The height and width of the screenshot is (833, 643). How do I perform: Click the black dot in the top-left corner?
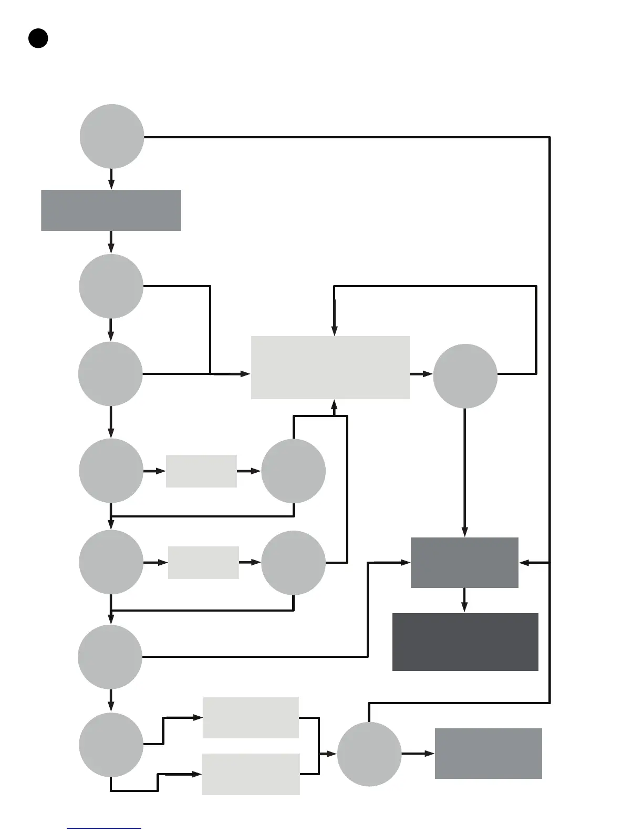pos(38,38)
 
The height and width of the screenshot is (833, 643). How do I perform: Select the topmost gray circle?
pos(112,136)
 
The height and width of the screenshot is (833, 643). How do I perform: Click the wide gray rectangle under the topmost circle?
pos(111,210)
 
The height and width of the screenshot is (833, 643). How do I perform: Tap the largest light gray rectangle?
pos(330,367)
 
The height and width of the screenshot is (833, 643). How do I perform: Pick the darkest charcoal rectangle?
pos(465,642)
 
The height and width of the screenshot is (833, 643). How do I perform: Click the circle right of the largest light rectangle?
pos(465,375)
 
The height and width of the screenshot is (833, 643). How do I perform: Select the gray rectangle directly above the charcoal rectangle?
pos(464,562)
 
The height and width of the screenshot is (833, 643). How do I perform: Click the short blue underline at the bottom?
pos(104,828)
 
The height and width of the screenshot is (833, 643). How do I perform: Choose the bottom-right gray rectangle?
pos(488,753)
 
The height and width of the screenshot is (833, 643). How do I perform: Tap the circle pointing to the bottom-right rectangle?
pos(369,754)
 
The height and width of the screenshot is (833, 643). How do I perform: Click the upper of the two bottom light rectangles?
pos(251,717)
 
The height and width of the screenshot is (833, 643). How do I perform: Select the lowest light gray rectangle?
pos(251,774)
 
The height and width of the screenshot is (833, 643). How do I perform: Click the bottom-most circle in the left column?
pos(111,744)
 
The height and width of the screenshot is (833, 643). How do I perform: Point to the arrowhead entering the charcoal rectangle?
pos(464,607)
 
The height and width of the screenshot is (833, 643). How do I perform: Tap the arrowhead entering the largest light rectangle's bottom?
pos(334,404)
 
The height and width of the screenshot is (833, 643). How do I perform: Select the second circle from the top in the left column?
pos(111,286)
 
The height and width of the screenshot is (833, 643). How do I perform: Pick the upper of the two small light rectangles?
pos(201,471)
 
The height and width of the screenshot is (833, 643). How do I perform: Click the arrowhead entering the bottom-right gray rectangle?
pos(430,754)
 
